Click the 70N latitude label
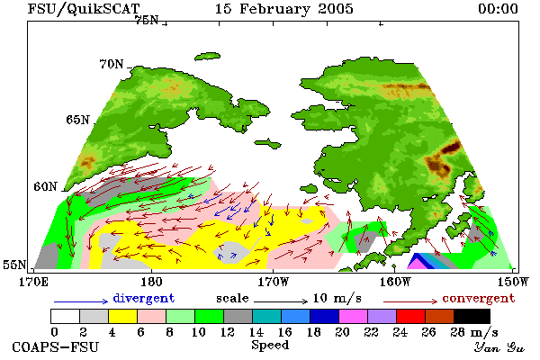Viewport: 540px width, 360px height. [112, 64]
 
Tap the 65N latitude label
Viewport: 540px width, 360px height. [77, 120]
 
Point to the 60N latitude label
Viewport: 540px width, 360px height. [45, 186]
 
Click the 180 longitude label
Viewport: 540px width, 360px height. [151, 282]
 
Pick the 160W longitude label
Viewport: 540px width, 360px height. [395, 282]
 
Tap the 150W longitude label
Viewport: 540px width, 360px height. [512, 282]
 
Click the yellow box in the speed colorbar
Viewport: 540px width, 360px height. [122, 316]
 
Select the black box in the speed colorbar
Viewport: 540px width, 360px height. [472, 316]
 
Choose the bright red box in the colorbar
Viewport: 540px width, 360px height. [410, 316]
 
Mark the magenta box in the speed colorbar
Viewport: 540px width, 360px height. [353, 316]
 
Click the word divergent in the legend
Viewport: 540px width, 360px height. [144, 298]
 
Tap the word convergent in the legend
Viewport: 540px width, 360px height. [479, 298]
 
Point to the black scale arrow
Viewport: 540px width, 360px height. [281, 301]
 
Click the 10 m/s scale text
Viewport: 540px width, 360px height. [337, 298]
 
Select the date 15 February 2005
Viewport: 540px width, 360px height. [284, 9]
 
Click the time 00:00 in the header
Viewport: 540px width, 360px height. [498, 9]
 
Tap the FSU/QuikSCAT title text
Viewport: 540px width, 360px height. [84, 9]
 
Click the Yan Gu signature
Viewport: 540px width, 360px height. [499, 347]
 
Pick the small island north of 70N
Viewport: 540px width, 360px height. [207, 56]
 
